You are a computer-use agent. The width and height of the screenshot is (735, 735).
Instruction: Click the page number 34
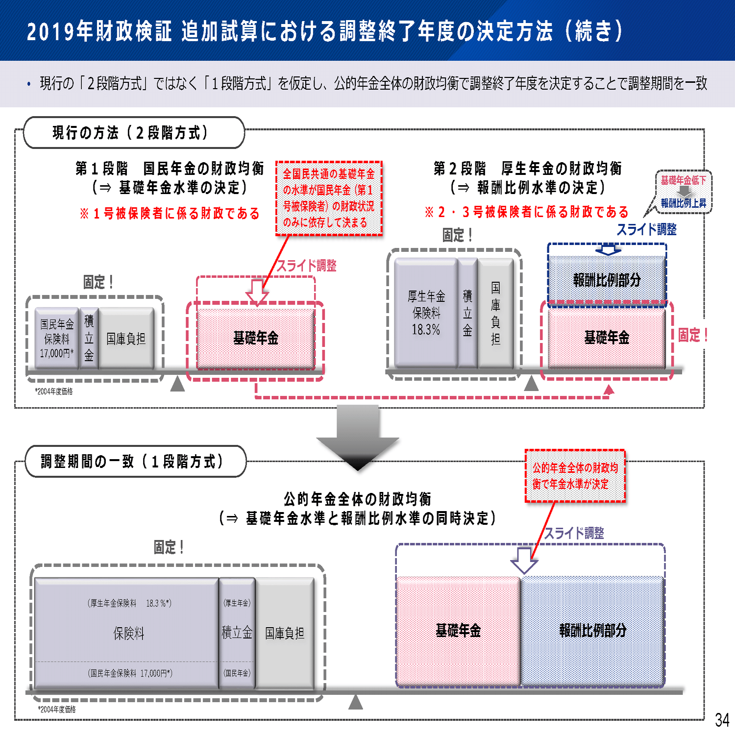(722, 719)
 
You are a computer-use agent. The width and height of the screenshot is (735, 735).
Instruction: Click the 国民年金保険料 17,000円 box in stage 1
(57, 338)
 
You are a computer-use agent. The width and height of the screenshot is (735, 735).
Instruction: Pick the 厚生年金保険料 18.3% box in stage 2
(426, 313)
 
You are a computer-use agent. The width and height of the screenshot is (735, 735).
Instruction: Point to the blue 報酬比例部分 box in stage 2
(607, 280)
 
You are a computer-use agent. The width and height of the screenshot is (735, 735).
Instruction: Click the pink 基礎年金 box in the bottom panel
(458, 631)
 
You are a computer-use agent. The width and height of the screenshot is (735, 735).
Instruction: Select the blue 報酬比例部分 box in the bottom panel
(592, 631)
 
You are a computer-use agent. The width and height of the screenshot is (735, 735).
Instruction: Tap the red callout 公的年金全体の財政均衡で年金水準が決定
(575, 476)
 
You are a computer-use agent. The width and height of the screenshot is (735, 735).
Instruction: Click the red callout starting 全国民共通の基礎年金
(329, 198)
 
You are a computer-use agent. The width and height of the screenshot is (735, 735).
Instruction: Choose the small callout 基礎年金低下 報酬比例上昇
(684, 192)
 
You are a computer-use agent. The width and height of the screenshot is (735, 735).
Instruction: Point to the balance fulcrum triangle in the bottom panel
(356, 702)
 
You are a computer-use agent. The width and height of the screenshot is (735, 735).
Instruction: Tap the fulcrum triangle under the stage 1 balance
(177, 384)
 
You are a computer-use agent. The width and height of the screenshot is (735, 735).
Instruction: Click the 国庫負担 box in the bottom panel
(285, 633)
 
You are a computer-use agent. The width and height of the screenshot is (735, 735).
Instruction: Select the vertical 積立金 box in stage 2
(467, 313)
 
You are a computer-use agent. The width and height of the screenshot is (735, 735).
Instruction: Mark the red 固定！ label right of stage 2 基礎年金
(693, 335)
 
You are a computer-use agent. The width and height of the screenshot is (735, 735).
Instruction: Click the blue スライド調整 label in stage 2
(646, 229)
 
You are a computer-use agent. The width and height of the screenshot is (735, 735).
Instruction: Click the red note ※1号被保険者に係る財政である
(170, 213)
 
